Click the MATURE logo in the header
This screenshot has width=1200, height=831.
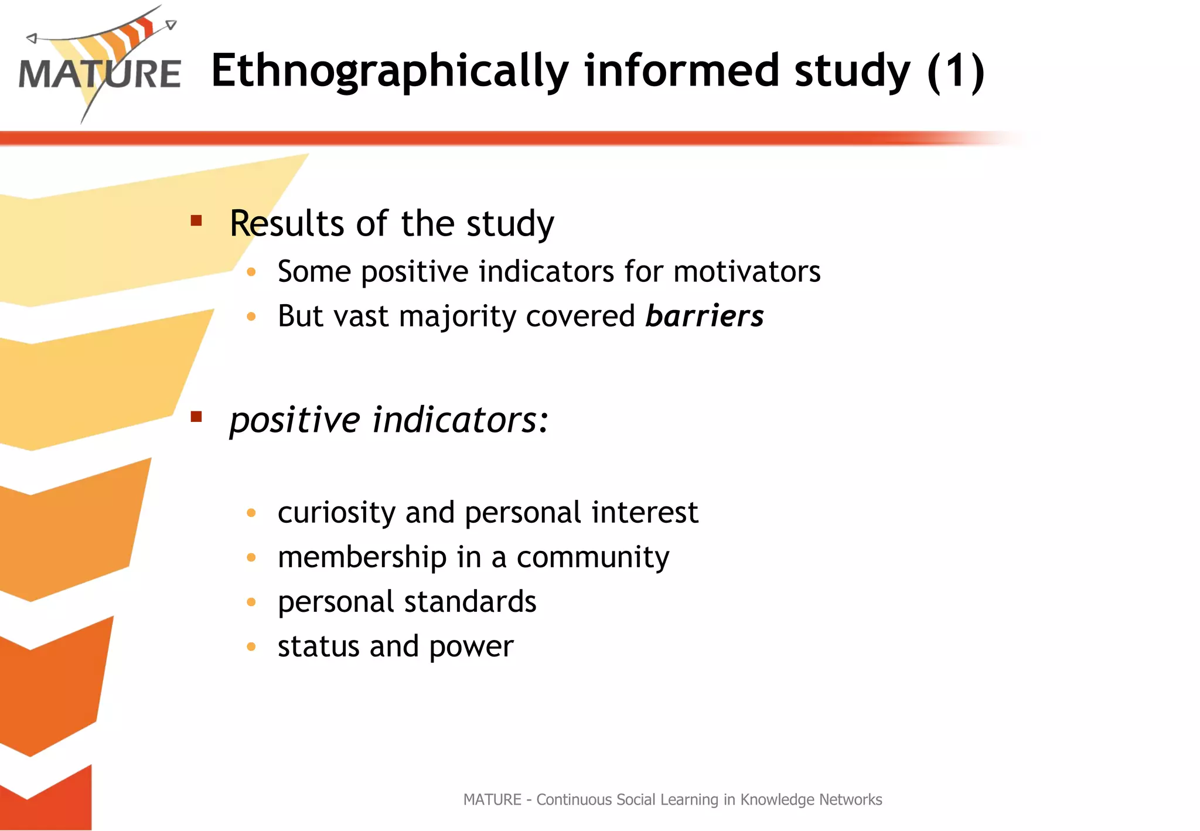100,67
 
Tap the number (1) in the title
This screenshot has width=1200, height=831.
956,71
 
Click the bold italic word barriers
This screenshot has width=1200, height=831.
704,316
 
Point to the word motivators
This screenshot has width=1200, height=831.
746,272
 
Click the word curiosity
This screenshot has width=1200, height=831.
336,513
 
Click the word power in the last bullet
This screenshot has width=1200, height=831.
471,648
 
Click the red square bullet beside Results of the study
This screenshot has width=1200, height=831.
196,221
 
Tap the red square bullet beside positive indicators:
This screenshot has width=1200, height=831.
196,417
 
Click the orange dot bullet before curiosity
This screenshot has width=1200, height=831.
251,513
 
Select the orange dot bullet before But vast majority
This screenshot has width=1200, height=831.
251,317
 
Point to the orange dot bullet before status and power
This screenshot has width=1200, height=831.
251,647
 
